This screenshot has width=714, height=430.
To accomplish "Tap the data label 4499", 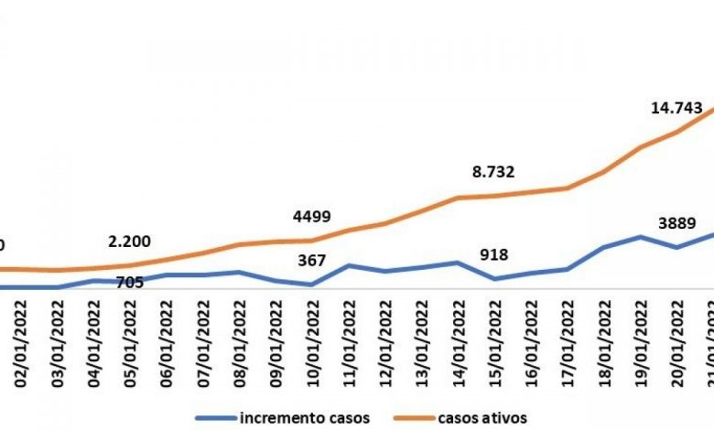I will point(311,217).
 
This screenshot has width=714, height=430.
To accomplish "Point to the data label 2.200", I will point(129,242).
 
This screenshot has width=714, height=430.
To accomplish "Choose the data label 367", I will point(312,261).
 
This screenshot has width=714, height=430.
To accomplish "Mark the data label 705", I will point(130,283).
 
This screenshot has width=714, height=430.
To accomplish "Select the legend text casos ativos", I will point(482,418).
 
